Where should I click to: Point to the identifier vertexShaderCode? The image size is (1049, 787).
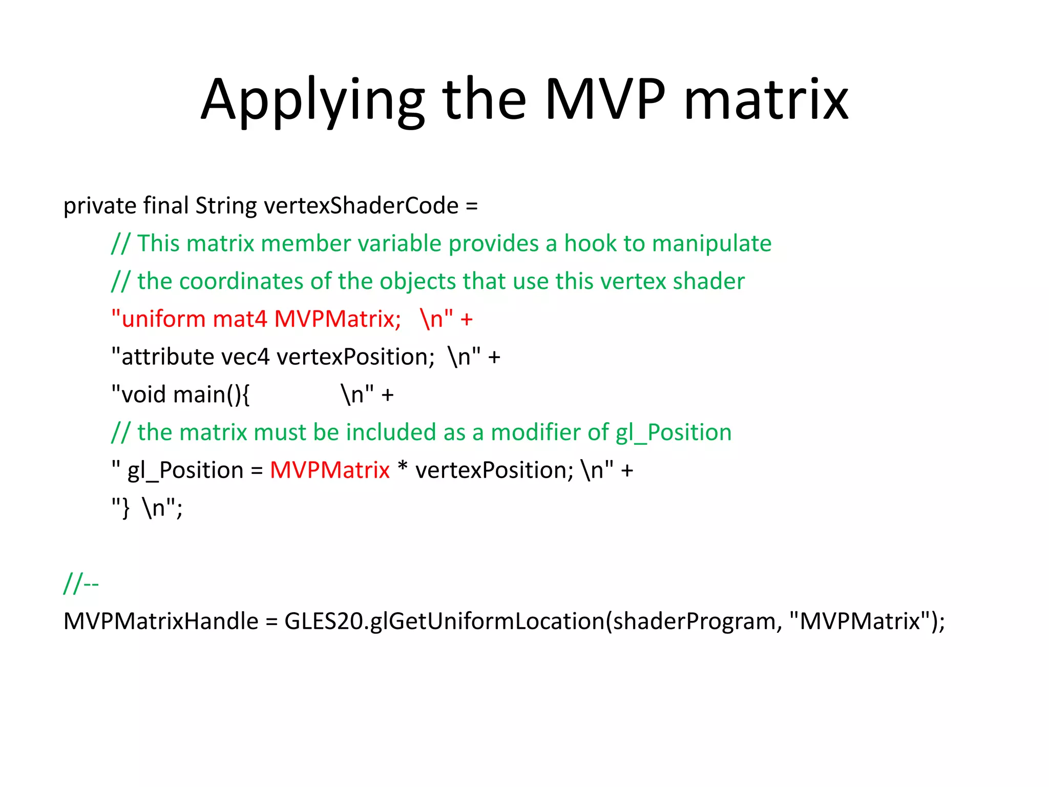click(x=361, y=206)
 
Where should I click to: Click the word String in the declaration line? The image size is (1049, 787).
click(x=226, y=206)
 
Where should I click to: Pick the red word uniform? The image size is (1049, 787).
click(x=163, y=319)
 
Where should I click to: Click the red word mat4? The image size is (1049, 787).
click(x=240, y=319)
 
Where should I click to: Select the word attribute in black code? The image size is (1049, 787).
click(x=167, y=357)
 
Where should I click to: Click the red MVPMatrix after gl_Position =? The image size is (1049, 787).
click(x=329, y=470)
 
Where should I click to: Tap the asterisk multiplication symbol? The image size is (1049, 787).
click(x=403, y=467)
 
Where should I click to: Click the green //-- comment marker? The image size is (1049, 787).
click(x=81, y=584)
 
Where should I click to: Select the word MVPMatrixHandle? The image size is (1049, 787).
click(x=161, y=622)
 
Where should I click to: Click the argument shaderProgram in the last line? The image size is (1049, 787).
click(x=698, y=622)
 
